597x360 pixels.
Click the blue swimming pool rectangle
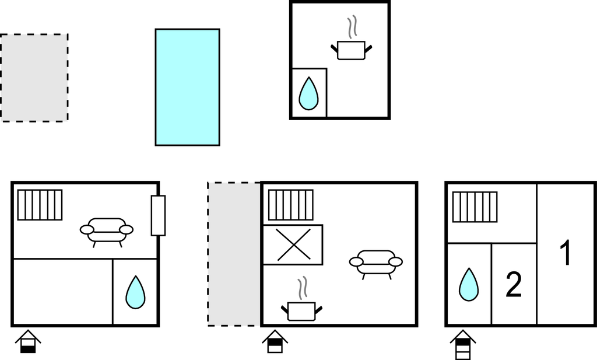pyautogui.click(x=187, y=88)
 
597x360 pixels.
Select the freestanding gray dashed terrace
pyautogui.click(x=34, y=78)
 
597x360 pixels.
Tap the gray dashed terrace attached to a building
pyautogui.click(x=234, y=254)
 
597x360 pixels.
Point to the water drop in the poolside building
pyautogui.click(x=308, y=93)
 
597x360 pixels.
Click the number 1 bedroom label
pyautogui.click(x=567, y=253)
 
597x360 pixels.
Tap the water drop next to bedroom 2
pyautogui.click(x=469, y=285)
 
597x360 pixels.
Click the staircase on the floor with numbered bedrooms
pyautogui.click(x=475, y=207)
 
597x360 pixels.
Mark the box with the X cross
pyautogui.click(x=293, y=244)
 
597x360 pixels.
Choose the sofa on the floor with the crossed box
pyautogui.click(x=376, y=264)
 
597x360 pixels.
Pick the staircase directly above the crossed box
pyautogui.click(x=291, y=205)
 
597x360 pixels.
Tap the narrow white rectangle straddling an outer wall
pyautogui.click(x=158, y=216)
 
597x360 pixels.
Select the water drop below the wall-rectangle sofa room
pyautogui.click(x=135, y=292)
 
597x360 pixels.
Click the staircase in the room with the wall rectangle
pyautogui.click(x=40, y=205)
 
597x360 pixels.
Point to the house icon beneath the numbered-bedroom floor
pyautogui.click(x=463, y=344)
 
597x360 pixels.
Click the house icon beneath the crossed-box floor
pyautogui.click(x=275, y=342)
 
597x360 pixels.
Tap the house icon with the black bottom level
pyautogui.click(x=28, y=342)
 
